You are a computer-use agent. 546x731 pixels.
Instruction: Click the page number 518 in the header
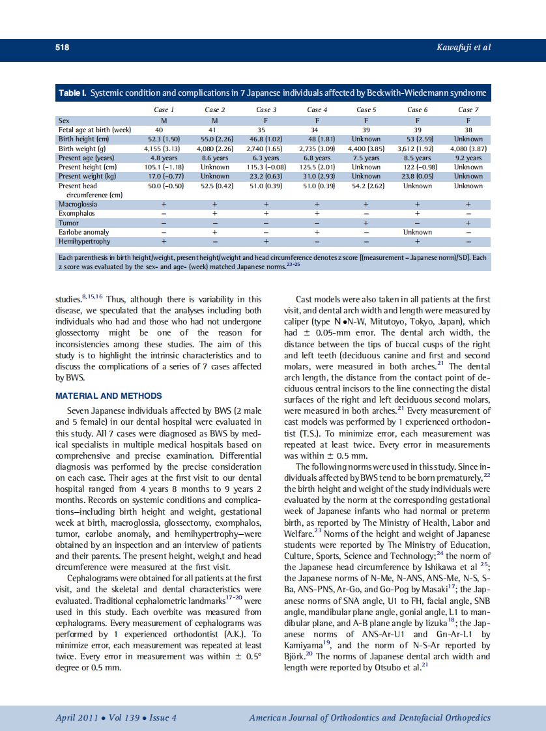click(62, 48)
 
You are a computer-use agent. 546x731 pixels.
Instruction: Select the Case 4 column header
click(317, 109)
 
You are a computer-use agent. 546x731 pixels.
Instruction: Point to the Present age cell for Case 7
click(468, 158)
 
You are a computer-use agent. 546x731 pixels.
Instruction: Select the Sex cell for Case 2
click(214, 121)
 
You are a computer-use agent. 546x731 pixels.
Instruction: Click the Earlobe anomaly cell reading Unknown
click(417, 232)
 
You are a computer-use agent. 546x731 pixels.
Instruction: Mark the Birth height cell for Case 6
click(417, 139)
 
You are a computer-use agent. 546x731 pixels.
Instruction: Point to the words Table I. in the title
click(72, 93)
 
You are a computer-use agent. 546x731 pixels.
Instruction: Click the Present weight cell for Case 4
click(317, 176)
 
